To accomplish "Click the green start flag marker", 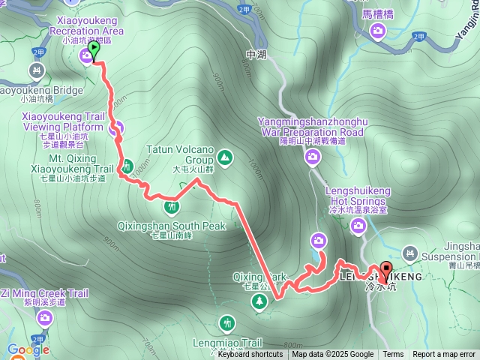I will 94,50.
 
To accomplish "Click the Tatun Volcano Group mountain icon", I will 225,158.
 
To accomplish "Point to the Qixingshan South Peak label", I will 172,225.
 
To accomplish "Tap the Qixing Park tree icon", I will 259,301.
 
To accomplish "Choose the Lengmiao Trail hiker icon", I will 227,324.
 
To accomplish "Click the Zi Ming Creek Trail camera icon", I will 45,319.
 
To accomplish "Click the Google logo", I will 28,349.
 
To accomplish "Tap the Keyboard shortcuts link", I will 250,355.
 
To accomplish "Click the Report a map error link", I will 444,355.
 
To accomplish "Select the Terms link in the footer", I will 393,355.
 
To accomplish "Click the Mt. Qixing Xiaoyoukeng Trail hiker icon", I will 127,165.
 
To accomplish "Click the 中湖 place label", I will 256,55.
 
